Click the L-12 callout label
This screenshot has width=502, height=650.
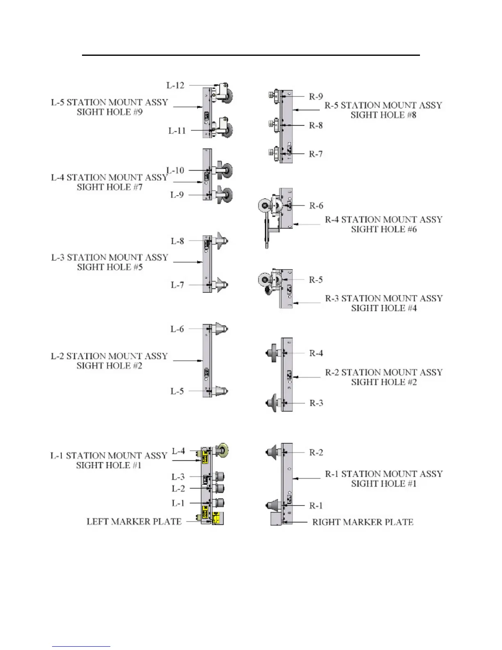(x=175, y=85)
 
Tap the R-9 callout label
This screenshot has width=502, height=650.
(x=316, y=97)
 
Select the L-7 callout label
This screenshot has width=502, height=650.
(x=177, y=285)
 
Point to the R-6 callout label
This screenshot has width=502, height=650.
(x=316, y=206)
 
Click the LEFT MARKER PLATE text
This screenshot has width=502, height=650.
(x=134, y=522)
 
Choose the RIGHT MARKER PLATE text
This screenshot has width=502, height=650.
(x=363, y=522)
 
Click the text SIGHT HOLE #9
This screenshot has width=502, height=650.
(x=110, y=112)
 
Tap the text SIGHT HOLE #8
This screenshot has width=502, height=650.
(x=383, y=115)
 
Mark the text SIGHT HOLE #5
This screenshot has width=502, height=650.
(x=110, y=267)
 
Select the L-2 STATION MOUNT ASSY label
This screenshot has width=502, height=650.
(x=110, y=356)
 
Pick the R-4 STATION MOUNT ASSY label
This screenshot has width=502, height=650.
(x=384, y=220)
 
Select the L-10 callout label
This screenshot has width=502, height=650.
(x=175, y=170)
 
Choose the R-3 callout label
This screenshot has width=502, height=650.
(x=316, y=403)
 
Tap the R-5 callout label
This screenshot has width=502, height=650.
(x=316, y=280)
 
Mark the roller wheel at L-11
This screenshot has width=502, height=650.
(x=226, y=130)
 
